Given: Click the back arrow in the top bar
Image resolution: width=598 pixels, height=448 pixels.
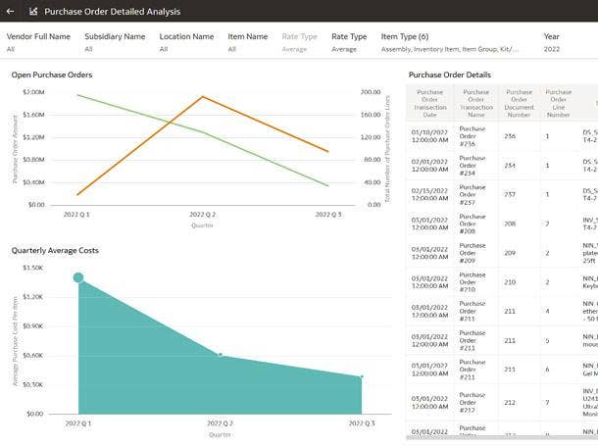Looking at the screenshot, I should click(10, 12).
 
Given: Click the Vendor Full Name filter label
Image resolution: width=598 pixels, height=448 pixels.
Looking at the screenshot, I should click(38, 36).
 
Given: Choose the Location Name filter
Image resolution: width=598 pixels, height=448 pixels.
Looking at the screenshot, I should click(186, 36).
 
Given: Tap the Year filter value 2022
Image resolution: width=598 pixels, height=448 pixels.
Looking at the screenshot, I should click(552, 48).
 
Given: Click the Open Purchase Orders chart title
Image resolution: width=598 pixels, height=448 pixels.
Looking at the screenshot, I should click(52, 75).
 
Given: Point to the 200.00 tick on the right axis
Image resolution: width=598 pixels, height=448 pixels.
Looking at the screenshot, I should click(370, 92).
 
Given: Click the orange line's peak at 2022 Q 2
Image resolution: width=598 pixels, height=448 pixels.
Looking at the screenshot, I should click(202, 96).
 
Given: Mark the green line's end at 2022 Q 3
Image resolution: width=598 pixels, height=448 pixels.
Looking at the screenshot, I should click(327, 185).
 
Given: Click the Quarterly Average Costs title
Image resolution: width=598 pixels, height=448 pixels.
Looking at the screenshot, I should click(55, 250).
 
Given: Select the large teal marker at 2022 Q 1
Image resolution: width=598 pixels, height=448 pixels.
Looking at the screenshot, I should click(78, 278).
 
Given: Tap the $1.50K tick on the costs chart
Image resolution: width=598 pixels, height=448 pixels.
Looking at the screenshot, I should click(33, 268).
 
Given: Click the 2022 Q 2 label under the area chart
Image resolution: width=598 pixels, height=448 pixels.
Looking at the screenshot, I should click(221, 423).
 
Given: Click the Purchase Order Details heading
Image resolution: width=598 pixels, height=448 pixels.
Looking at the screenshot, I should click(450, 75).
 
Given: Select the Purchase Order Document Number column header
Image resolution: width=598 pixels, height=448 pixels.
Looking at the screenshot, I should click(519, 103).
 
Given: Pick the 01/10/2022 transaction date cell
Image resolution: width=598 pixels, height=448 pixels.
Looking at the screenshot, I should click(430, 136).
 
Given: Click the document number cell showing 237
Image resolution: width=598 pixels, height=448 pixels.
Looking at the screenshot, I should click(510, 193).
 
